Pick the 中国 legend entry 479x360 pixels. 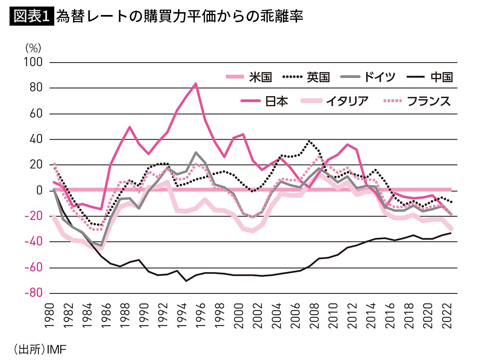429,77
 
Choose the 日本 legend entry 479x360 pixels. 265,101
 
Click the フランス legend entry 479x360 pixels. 417,101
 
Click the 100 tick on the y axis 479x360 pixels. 33,62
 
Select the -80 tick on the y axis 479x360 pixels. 33,293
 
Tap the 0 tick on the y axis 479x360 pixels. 39,190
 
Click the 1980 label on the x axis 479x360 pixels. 50,316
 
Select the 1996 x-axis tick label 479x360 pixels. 201,316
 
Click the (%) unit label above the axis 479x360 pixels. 33,48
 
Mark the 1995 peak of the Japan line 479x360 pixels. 196,84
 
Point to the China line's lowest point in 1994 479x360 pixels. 186,281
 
